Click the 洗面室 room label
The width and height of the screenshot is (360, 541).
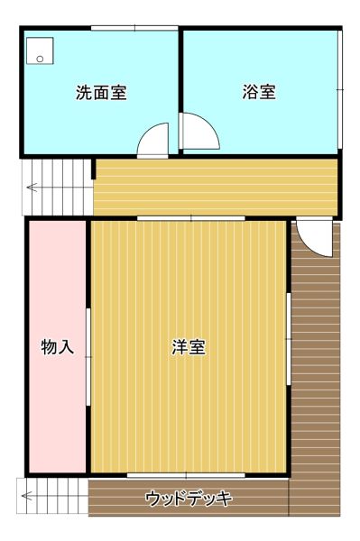(101, 92)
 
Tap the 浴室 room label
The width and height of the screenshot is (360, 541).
(259, 92)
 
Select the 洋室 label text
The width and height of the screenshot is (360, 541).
(189, 347)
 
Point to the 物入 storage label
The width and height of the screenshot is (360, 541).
(58, 347)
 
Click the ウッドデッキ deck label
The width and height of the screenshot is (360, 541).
(189, 499)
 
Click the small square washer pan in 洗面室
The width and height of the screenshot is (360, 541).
(40, 50)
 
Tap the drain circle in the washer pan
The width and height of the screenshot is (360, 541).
(40, 59)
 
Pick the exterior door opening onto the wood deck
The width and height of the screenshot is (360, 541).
(315, 238)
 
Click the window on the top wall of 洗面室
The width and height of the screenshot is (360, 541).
(134, 28)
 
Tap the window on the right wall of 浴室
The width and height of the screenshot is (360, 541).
(340, 89)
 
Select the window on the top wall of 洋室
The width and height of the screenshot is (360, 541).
(191, 218)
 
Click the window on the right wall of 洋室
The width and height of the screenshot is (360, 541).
(289, 339)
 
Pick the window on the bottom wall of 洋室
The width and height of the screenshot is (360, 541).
(186, 476)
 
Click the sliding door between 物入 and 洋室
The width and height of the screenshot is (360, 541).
(88, 357)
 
